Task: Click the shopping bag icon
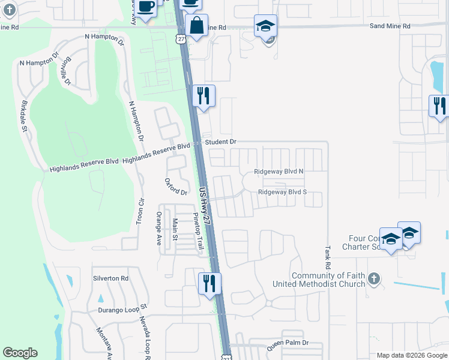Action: pyautogui.click(x=196, y=26)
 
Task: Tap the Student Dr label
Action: pyautogui.click(x=221, y=142)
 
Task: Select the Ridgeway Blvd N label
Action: pyautogui.click(x=279, y=172)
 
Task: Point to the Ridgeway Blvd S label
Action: pyautogui.click(x=282, y=192)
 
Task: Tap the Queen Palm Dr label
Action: pyautogui.click(x=287, y=343)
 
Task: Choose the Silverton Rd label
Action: pyautogui.click(x=110, y=278)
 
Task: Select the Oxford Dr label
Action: pyautogui.click(x=176, y=187)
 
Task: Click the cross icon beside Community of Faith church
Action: pyautogui.click(x=373, y=278)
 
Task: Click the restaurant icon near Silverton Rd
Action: pyautogui.click(x=209, y=283)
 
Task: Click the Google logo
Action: pyautogui.click(x=20, y=353)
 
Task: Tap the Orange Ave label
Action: pyautogui.click(x=159, y=229)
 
